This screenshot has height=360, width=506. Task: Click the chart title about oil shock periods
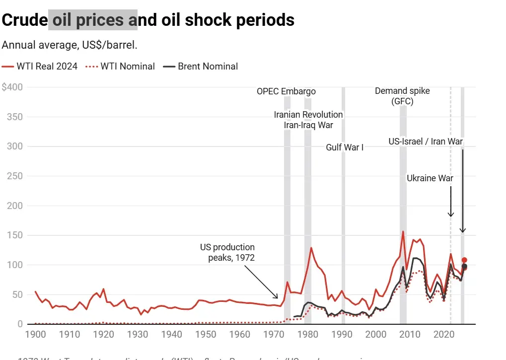[148, 20]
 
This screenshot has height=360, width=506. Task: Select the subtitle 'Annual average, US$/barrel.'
[70, 45]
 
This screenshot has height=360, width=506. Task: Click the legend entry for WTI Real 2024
[40, 66]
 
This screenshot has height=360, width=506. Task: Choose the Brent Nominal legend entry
[201, 66]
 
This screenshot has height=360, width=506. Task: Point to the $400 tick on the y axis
[12, 87]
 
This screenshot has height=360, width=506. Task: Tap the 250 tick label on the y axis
[15, 176]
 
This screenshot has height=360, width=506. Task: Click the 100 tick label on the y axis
[15, 265]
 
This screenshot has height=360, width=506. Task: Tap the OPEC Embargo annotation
[286, 91]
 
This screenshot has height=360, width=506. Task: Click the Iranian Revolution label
[308, 115]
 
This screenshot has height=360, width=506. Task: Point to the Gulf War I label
[345, 147]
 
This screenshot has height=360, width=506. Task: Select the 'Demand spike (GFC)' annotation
[402, 96]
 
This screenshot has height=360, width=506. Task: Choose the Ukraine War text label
[430, 178]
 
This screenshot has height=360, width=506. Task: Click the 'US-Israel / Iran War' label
[426, 142]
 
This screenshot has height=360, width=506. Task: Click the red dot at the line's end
[464, 260]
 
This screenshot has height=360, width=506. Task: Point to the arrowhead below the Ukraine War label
[451, 215]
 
